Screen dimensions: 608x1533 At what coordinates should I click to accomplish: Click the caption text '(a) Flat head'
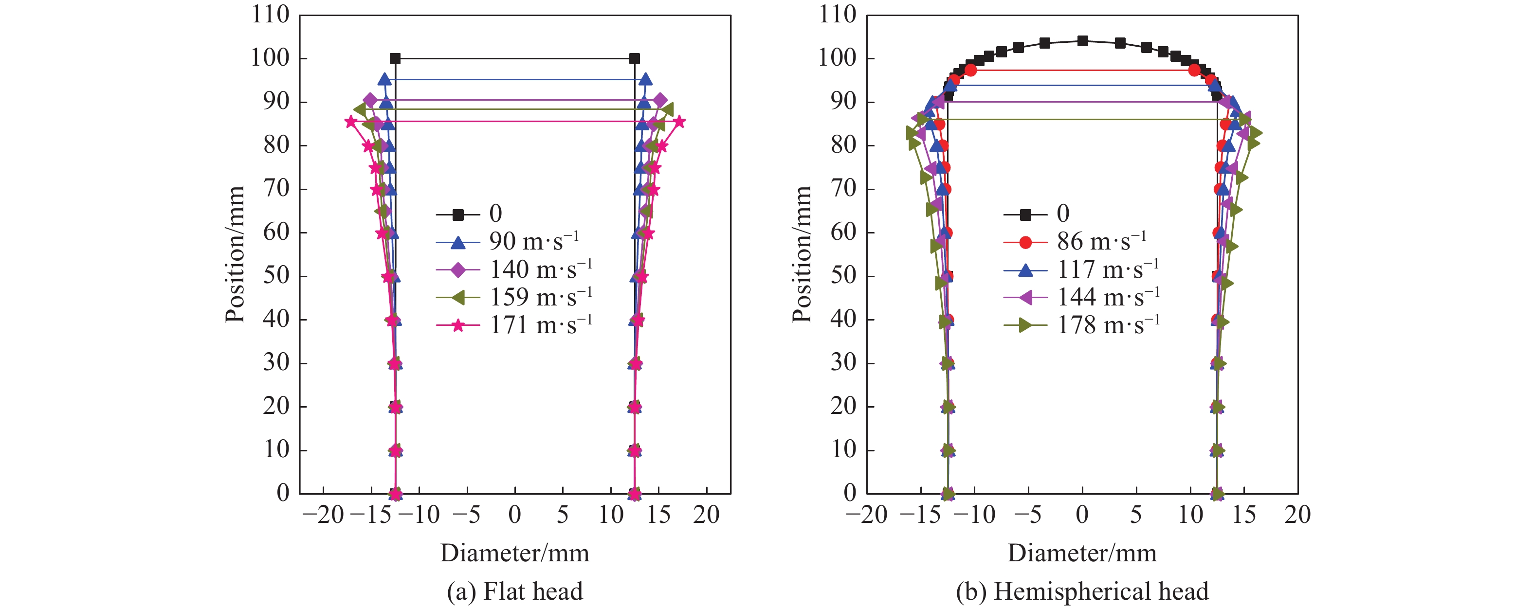(515, 591)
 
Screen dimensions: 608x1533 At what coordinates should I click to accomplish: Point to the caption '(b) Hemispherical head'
(1082, 591)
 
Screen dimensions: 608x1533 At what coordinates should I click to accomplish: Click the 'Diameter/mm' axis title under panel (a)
(515, 553)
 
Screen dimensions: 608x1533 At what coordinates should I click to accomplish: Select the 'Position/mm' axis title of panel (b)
(802, 254)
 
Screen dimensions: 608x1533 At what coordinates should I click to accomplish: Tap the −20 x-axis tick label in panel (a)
(323, 515)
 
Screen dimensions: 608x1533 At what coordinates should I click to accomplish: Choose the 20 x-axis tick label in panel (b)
(1297, 515)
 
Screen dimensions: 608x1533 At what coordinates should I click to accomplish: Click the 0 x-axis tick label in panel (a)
(515, 515)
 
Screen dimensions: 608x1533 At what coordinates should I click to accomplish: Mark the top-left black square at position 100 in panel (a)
(395, 58)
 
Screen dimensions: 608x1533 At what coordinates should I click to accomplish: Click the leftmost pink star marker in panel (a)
(350, 122)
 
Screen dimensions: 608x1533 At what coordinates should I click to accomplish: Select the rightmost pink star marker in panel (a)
(679, 122)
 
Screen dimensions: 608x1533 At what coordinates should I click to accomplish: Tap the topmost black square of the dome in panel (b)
(1082, 41)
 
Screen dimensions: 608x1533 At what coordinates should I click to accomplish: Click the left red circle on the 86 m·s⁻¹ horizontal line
(970, 70)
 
